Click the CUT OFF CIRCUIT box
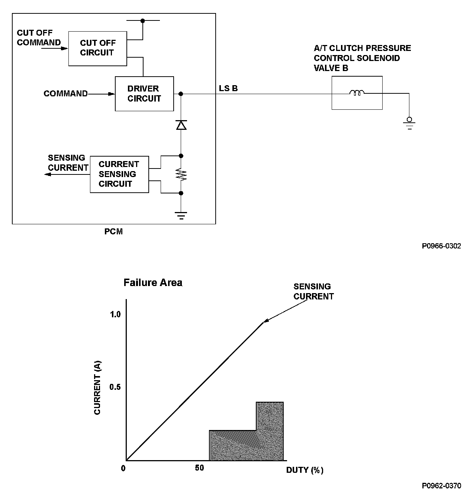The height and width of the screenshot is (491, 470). coord(97,48)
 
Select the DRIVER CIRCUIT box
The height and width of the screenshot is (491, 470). coord(144,94)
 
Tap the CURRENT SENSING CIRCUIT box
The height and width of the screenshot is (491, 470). coord(119,174)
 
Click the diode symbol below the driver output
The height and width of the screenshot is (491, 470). coord(181,125)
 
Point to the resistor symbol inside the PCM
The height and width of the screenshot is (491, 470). coord(181,174)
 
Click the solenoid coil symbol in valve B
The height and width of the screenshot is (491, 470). coord(357,93)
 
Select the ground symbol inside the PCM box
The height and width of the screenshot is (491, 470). coord(181,215)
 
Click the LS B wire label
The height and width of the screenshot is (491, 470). coord(228,89)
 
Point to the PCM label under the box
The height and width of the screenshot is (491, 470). coord(113,232)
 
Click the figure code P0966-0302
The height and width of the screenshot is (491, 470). coord(441,246)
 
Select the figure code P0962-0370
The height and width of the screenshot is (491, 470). coord(441,485)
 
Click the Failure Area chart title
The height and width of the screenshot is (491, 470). coord(153,283)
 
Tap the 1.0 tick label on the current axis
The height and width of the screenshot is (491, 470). coord(115,315)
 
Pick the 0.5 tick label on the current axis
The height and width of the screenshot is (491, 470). coord(115,387)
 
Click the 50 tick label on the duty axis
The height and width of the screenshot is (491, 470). coord(199,468)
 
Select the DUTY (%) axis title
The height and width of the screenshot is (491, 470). coord(305,470)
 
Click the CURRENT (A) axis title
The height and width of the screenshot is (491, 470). coord(97,387)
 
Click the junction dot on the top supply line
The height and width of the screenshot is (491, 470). coord(142,21)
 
